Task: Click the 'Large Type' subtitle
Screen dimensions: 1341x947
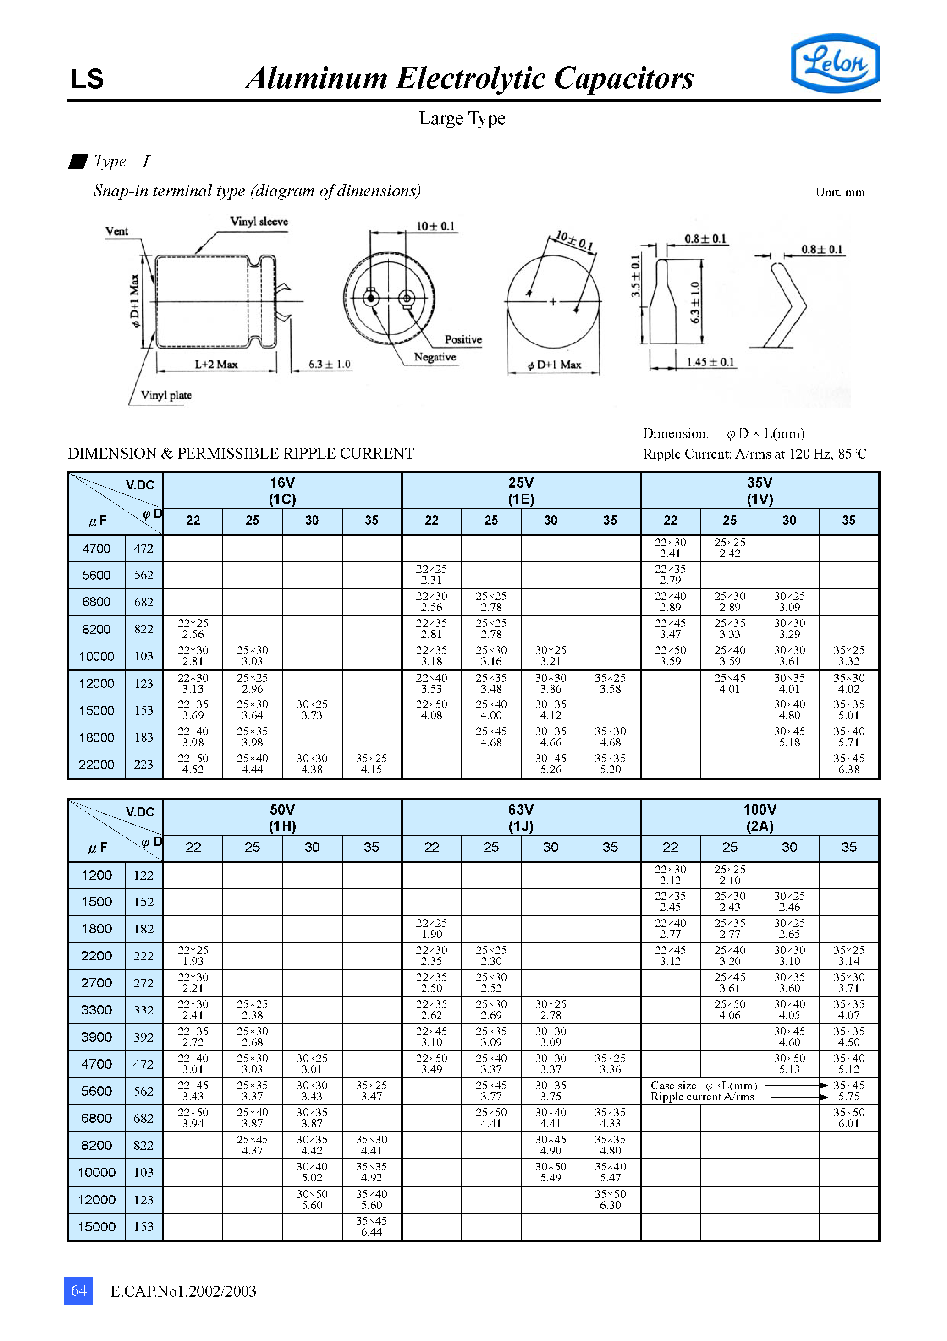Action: (462, 119)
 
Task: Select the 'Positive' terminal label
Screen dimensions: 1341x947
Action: (463, 340)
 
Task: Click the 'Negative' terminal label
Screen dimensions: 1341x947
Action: (435, 357)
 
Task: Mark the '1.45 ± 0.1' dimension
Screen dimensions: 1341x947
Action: (710, 362)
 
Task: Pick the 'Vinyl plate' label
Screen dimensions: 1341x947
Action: (166, 395)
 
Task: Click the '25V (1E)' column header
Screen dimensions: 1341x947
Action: (521, 491)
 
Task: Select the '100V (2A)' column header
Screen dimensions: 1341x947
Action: (760, 818)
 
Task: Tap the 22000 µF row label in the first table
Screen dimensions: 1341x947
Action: (96, 765)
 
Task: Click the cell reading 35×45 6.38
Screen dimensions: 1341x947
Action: (848, 764)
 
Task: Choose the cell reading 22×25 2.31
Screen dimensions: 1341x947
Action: (431, 575)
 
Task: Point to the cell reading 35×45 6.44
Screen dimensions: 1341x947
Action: (371, 1226)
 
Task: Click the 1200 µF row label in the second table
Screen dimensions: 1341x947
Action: (96, 876)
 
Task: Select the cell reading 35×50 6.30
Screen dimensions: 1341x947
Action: (610, 1200)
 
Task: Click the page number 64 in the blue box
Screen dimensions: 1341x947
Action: (78, 1290)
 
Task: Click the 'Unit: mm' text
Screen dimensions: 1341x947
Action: (840, 193)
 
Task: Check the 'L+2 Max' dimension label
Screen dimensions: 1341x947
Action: (215, 365)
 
